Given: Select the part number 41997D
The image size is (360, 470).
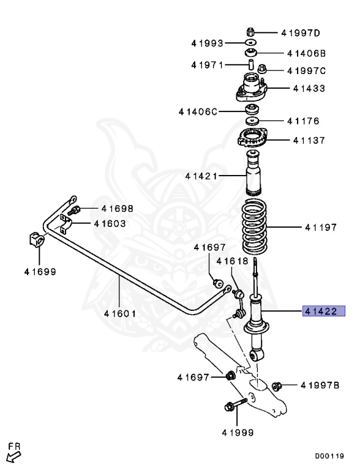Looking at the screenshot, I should point(301,32).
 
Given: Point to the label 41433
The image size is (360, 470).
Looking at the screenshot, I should point(309,89).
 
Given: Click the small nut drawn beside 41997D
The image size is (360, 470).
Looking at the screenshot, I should point(251,31).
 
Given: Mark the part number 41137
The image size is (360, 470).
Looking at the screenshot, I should point(309,140).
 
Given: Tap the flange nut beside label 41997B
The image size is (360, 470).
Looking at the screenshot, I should point(276,386).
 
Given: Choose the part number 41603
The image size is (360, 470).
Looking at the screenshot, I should point(110,223).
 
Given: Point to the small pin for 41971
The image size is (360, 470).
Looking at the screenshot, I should point(251,64).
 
